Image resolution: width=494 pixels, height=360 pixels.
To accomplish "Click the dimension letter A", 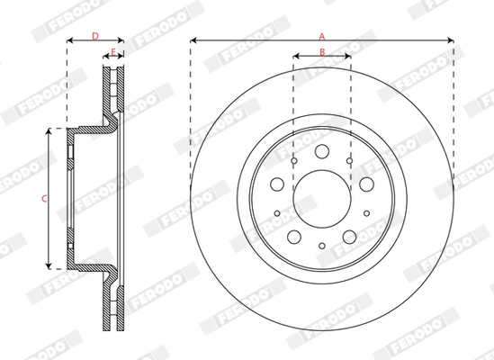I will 320,35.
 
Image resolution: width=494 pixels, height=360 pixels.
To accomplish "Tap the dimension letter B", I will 321,51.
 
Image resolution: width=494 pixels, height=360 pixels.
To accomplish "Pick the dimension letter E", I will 112,51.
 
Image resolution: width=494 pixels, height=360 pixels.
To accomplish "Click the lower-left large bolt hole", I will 294,237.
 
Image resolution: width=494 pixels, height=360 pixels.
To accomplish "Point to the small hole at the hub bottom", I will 321,245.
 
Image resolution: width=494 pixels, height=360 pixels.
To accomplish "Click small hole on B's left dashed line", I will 294,160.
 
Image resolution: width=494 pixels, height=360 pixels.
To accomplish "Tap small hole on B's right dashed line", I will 349,160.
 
